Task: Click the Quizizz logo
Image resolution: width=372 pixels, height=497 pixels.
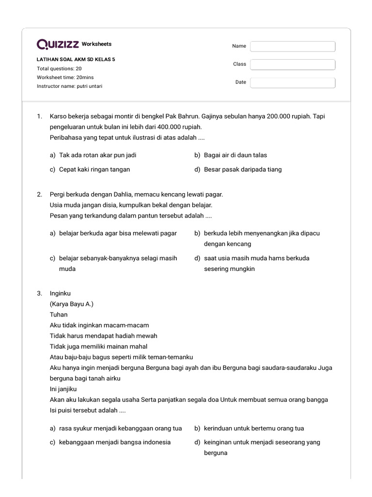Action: pyautogui.click(x=58, y=44)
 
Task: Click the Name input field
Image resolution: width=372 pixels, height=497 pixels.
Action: pyautogui.click(x=293, y=46)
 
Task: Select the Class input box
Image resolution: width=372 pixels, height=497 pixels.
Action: pyautogui.click(x=293, y=65)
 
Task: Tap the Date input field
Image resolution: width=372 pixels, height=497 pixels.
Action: pyautogui.click(x=293, y=83)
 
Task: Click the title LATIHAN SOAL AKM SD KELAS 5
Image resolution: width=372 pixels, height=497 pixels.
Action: pyautogui.click(x=76, y=60)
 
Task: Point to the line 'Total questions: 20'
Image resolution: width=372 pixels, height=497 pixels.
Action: pyautogui.click(x=59, y=68)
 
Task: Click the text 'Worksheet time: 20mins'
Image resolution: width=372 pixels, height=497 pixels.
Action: pyautogui.click(x=64, y=77)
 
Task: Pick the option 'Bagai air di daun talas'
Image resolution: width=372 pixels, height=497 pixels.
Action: pyautogui.click(x=235, y=155)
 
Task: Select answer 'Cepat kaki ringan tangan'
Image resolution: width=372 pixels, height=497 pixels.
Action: pyautogui.click(x=94, y=169)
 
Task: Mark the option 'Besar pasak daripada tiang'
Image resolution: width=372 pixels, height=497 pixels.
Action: pyautogui.click(x=243, y=169)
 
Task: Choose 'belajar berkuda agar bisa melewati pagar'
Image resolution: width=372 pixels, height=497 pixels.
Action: pyautogui.click(x=118, y=233)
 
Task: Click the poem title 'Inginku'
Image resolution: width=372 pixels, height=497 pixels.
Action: pyautogui.click(x=60, y=293)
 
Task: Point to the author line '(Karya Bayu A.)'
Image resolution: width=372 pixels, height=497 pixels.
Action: pyautogui.click(x=72, y=304)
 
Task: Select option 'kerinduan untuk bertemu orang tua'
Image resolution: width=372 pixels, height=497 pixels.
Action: pyautogui.click(x=254, y=429)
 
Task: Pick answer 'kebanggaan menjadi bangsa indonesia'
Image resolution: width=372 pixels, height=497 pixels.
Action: pyautogui.click(x=115, y=442)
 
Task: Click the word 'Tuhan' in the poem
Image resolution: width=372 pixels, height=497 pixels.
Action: pyautogui.click(x=59, y=315)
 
